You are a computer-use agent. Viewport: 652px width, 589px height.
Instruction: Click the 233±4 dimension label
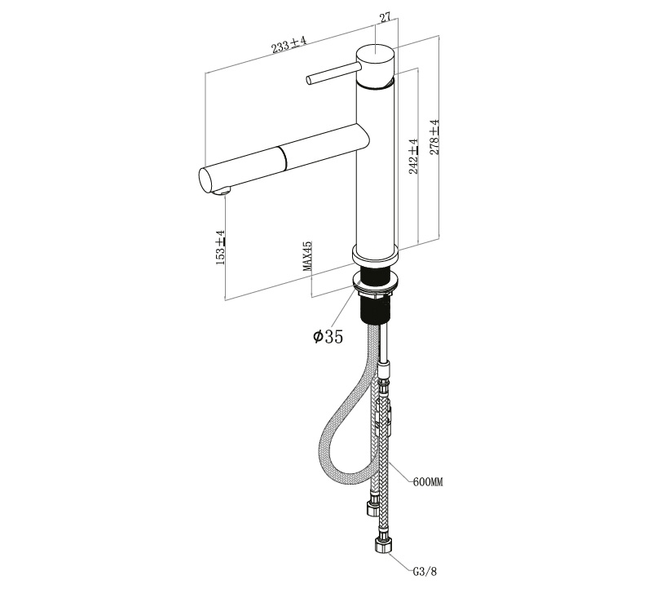pyautogui.click(x=289, y=44)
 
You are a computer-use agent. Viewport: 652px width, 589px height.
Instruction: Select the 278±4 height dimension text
pyautogui.click(x=434, y=137)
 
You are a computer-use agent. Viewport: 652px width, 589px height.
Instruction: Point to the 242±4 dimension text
pyautogui.click(x=413, y=157)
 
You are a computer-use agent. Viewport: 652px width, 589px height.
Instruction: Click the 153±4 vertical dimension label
pyautogui.click(x=220, y=247)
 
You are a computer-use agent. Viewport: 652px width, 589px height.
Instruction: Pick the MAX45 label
pyautogui.click(x=307, y=256)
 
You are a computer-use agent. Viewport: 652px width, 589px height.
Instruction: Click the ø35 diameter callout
pyautogui.click(x=328, y=336)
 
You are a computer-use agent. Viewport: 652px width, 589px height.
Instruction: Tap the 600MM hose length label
pyautogui.click(x=428, y=482)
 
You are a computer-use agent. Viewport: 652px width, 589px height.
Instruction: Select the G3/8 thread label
pyautogui.click(x=425, y=572)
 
